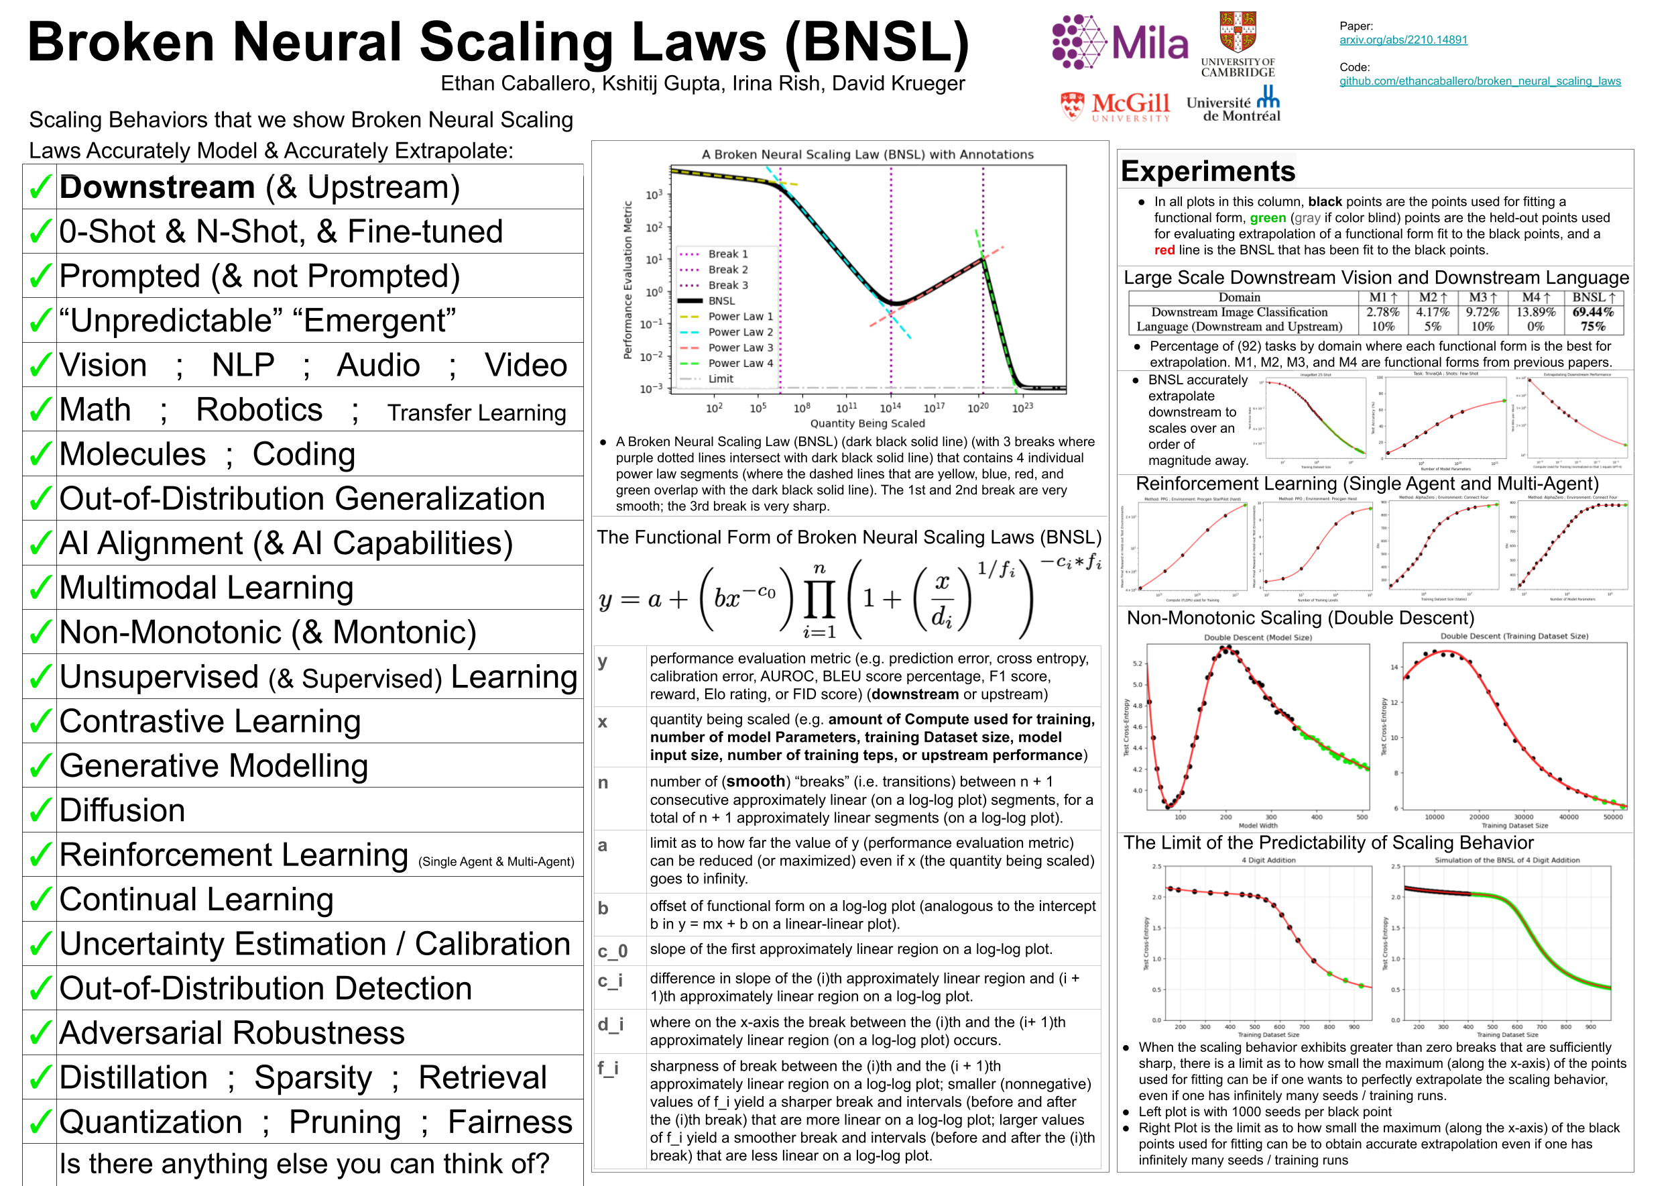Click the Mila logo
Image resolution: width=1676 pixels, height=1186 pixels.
(x=1120, y=42)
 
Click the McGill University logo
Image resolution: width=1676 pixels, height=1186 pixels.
(x=1116, y=107)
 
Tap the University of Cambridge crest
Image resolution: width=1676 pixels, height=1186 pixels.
(x=1238, y=33)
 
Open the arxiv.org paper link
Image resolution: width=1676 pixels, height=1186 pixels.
(x=1403, y=40)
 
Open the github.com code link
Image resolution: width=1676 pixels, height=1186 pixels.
(x=1480, y=81)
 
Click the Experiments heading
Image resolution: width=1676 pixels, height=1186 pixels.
(x=1208, y=171)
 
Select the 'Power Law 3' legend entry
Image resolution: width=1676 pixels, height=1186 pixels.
(x=740, y=347)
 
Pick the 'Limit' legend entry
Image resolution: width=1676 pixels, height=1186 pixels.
(x=721, y=378)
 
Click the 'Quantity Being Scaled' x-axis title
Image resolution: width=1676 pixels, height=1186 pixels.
(x=867, y=423)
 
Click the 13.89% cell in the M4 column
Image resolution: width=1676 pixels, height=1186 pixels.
(x=1536, y=312)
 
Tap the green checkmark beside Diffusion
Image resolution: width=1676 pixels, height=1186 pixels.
(x=40, y=810)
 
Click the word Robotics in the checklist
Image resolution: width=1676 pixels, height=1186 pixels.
(x=259, y=410)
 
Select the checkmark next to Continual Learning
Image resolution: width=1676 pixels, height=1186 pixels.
(x=40, y=900)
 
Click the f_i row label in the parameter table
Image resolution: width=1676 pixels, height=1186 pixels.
(x=608, y=1069)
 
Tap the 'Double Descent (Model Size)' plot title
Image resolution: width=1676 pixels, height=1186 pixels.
(x=1257, y=637)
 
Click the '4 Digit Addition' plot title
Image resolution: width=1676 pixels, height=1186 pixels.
(x=1268, y=860)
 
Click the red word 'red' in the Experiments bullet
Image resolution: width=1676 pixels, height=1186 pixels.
(x=1164, y=250)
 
